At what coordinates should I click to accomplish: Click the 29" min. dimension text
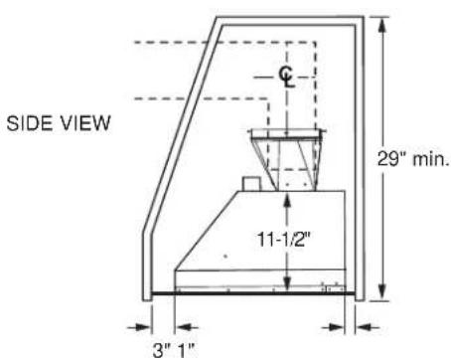[418, 158]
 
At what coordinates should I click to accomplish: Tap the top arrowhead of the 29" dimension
[384, 24]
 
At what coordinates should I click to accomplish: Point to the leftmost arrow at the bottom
[140, 324]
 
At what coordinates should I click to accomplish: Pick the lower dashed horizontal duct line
[199, 97]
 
